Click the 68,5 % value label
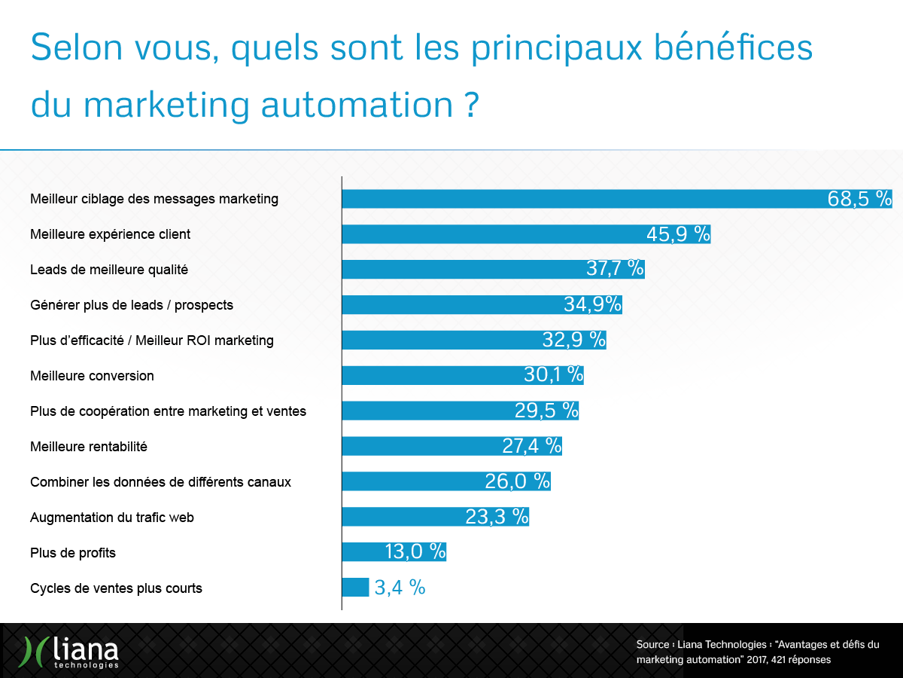coord(859,199)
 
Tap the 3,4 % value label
coord(400,588)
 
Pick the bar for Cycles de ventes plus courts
coord(355,588)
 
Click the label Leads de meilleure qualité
coord(109,270)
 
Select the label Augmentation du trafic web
coord(112,518)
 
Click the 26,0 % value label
coord(517,481)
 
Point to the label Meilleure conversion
coord(92,376)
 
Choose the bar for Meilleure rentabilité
coord(421,446)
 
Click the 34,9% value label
coord(592,304)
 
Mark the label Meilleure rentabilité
coord(89,447)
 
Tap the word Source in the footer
coord(652,645)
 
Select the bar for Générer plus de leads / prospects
coord(451,304)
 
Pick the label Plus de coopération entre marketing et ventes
coord(168,411)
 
